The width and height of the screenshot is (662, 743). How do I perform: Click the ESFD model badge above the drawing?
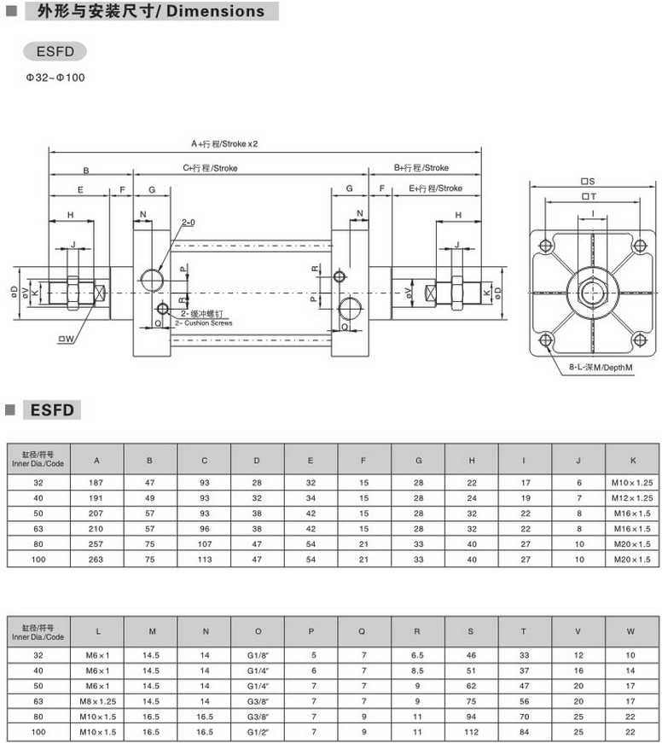[55, 51]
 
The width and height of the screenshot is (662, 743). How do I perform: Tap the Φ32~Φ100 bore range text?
[55, 78]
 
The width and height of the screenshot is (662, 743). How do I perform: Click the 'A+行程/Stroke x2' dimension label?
[224, 143]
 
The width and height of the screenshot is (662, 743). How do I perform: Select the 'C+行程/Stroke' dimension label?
[211, 168]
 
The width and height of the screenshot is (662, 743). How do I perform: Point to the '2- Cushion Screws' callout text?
[204, 323]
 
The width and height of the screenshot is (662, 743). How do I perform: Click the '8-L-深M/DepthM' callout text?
[601, 368]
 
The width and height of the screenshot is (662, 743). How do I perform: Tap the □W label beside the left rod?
[67, 339]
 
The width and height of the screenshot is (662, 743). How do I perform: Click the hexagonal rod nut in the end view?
[593, 292]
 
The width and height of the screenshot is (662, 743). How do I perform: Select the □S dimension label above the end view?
[588, 181]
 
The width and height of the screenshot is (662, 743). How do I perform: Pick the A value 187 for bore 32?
[96, 482]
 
